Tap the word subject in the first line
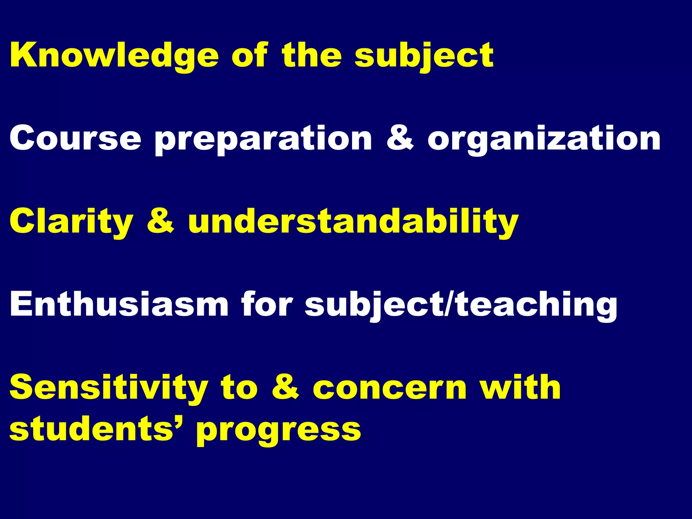[424, 56]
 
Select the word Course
[75, 139]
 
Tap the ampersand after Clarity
[160, 221]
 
